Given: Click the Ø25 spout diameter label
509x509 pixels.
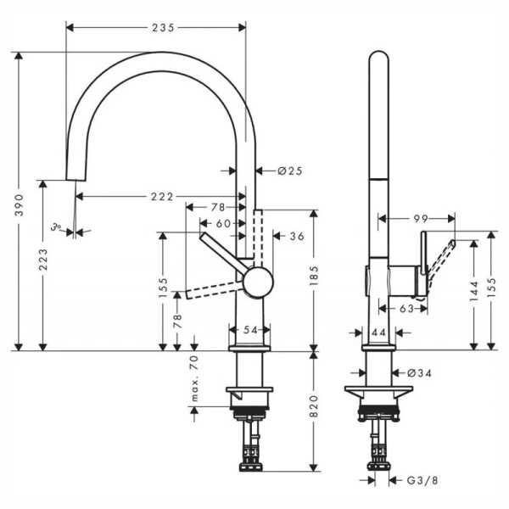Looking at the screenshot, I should [290, 171].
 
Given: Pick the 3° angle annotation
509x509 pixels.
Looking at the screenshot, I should [56, 227].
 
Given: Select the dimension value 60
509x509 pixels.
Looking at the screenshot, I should [223, 223].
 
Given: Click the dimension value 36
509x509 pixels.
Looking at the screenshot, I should [297, 236].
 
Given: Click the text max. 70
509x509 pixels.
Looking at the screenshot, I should [194, 378].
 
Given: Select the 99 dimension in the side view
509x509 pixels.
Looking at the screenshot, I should [420, 219].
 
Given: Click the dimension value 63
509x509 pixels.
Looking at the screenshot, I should [406, 309].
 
